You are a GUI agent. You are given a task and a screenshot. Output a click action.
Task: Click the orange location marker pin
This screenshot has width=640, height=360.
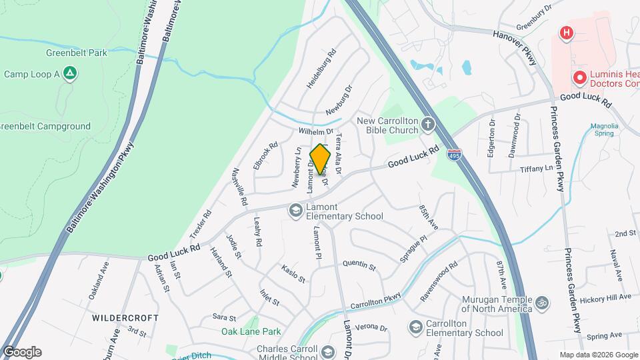pyautogui.click(x=320, y=159)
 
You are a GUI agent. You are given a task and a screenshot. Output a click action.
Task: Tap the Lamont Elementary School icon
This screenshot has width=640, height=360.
pyautogui.click(x=295, y=211)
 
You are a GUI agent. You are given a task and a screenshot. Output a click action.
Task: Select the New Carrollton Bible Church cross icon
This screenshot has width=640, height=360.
pyautogui.click(x=427, y=125)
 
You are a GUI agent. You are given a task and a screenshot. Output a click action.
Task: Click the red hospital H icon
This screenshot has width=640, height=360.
pyautogui.click(x=566, y=33)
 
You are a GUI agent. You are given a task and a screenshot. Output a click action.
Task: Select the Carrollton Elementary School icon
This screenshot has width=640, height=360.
pyautogui.click(x=416, y=327)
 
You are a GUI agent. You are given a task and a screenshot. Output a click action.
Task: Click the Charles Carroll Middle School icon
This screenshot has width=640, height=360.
pyautogui.click(x=327, y=351)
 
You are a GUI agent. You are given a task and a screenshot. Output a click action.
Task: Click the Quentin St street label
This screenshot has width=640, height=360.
pyautogui.click(x=359, y=265)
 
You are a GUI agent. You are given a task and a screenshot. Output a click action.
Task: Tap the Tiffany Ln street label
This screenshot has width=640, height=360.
pyautogui.click(x=537, y=169)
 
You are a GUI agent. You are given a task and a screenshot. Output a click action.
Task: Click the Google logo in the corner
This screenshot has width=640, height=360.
pyautogui.click(x=22, y=351)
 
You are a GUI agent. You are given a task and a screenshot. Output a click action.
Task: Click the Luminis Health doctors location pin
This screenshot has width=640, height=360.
pyautogui.click(x=580, y=79)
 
